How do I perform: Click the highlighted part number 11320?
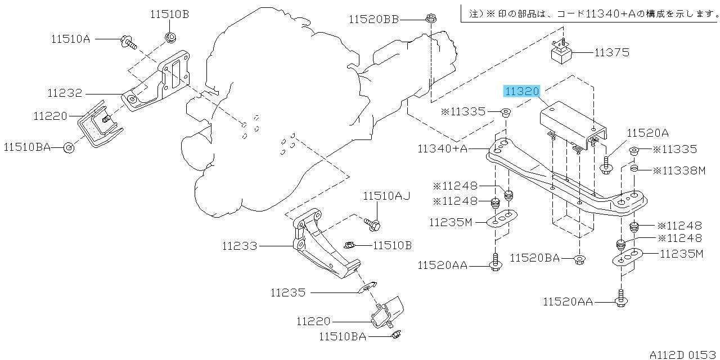tap(521, 92)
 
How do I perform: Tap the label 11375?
tap(611, 52)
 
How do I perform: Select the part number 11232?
tap(65, 93)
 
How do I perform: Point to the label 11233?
tap(240, 246)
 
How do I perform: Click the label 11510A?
tap(71, 39)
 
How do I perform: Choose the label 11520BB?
tap(374, 20)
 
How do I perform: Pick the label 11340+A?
tap(442, 148)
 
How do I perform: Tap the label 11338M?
tap(679, 170)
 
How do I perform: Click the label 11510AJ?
tap(386, 196)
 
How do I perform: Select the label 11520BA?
tap(534, 258)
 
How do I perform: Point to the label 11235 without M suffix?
tap(288, 292)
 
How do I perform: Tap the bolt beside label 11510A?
tap(129, 42)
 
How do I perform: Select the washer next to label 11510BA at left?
tap(69, 148)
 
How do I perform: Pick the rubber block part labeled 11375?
tap(561, 51)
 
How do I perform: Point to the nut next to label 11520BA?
tap(579, 260)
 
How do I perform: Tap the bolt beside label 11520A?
tap(606, 165)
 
